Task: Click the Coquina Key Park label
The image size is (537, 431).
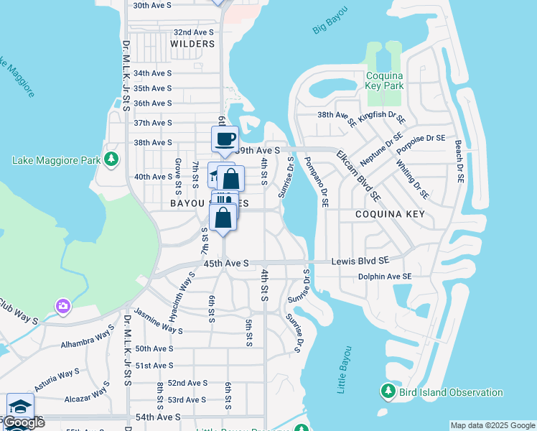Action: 385,80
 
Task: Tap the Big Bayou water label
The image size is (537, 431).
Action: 330,20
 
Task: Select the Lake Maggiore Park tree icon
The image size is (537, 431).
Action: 111,159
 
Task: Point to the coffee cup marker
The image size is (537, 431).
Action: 225,138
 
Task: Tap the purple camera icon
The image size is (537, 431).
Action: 63,307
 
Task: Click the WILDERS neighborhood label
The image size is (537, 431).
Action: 192,44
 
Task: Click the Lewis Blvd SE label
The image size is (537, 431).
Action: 360,262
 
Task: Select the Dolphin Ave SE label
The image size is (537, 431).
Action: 386,277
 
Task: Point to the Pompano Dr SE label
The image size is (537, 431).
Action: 317,182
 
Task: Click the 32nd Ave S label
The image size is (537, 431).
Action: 194,32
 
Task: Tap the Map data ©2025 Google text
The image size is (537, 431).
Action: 492,425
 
